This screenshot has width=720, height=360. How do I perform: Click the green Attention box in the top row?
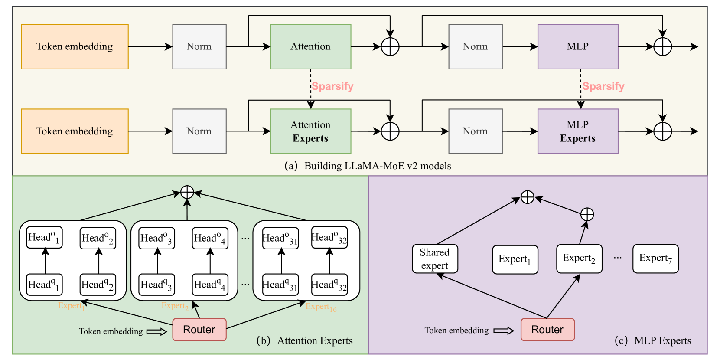[x=310, y=46]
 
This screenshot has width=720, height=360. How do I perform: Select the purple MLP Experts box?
[x=577, y=131]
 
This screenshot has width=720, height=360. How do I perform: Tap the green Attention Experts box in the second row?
[x=310, y=131]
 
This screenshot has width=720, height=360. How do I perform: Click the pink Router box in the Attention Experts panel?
[x=199, y=330]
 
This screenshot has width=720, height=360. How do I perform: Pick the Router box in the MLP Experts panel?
[x=547, y=330]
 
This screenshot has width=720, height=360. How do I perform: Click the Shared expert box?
[x=435, y=259]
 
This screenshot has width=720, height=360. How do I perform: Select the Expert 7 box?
[x=655, y=259]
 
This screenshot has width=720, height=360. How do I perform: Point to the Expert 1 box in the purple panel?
[x=515, y=259]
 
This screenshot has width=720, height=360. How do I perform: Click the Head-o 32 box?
[x=329, y=238]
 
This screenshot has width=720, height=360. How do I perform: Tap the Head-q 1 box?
[x=44, y=285]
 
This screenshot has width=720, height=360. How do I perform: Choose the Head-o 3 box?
[x=156, y=238]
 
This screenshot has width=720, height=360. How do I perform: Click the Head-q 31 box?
[x=280, y=285]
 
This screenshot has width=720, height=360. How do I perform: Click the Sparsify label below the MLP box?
[x=603, y=86]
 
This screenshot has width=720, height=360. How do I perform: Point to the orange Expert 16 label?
[x=321, y=307]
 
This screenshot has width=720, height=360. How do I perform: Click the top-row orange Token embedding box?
[x=75, y=46]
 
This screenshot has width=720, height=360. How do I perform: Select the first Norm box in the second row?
[x=199, y=131]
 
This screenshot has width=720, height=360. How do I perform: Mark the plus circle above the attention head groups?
[x=187, y=192]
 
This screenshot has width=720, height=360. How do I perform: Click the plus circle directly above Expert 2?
[x=587, y=214]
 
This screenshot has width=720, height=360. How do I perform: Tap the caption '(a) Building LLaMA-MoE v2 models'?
[x=368, y=166]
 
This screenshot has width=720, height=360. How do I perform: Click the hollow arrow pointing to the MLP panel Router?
[x=503, y=331]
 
